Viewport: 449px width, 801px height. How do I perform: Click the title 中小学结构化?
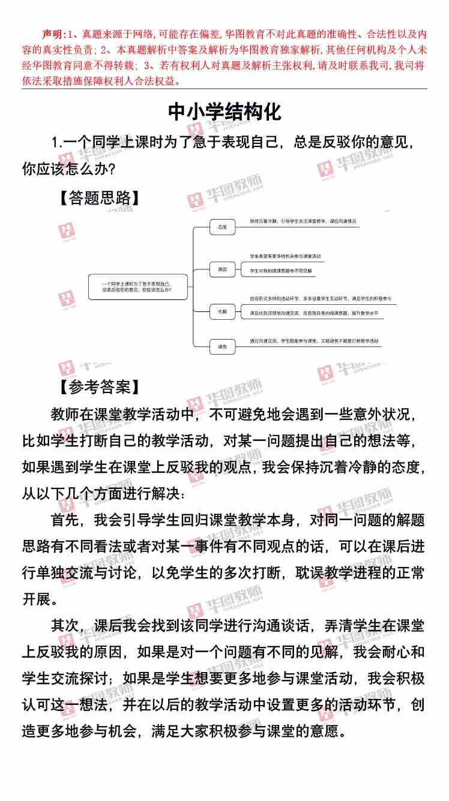[224, 112]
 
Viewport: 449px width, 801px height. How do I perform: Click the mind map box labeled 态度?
[223, 227]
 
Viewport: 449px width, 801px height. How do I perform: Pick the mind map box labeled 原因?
[223, 270]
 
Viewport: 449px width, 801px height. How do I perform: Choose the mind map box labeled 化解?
[223, 311]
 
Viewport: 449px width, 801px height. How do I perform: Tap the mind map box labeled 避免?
[223, 346]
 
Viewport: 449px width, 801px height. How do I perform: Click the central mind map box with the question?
[137, 286]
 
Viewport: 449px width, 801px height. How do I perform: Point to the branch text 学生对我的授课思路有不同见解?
[281, 271]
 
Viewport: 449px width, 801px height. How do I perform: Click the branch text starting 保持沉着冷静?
[303, 221]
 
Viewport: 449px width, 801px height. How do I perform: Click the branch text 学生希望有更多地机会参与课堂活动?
[286, 256]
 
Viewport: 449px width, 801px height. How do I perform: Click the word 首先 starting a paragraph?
[66, 518]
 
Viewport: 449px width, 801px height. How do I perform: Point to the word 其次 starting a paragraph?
[66, 625]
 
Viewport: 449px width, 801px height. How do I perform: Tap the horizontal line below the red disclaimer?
[224, 89]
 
